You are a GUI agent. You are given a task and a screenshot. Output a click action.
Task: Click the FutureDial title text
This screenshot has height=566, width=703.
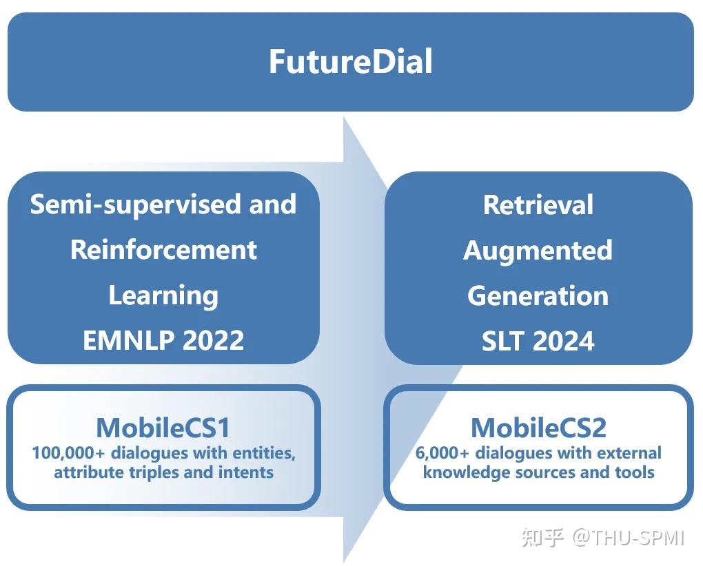(350, 61)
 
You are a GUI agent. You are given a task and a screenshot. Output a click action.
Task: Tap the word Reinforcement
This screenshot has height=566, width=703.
(163, 249)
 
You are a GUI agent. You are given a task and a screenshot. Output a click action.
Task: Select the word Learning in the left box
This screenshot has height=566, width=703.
(163, 295)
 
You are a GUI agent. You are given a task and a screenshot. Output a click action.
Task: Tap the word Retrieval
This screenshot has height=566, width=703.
(538, 205)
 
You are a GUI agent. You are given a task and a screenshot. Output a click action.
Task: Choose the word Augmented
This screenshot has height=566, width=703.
(538, 249)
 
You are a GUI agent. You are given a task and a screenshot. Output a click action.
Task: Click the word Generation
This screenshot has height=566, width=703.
(538, 295)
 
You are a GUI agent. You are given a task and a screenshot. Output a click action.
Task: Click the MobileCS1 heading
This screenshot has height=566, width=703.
(163, 428)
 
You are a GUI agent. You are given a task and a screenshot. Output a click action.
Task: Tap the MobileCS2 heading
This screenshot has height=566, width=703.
(538, 428)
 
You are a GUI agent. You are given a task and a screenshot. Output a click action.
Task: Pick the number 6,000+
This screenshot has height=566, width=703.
(443, 453)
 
